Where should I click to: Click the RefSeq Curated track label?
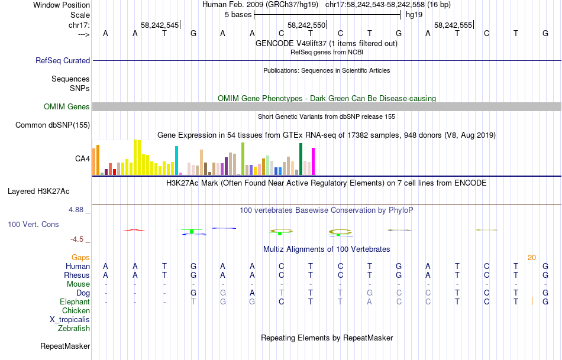[63, 60]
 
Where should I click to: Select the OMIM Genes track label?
[66, 107]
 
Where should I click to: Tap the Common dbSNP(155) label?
[53, 125]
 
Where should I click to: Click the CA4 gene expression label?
[82, 158]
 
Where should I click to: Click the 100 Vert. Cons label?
[33, 225]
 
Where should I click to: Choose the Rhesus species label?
[77, 275]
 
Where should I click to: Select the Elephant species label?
[75, 301]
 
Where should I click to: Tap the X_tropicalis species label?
[70, 319]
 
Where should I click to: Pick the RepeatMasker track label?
[65, 346]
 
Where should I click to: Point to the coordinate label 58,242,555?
[453, 25]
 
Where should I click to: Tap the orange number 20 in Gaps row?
[532, 257]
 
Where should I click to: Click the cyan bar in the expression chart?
[176, 160]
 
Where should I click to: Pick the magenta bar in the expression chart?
[313, 160]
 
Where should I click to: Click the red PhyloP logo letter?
[134, 229]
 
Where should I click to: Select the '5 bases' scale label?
[238, 14]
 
